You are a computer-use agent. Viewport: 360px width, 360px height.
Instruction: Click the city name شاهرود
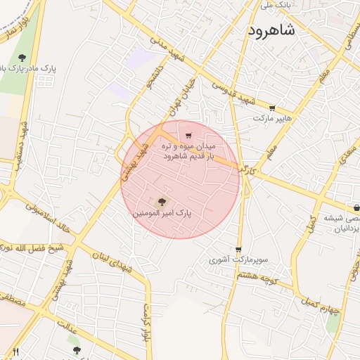[275, 32]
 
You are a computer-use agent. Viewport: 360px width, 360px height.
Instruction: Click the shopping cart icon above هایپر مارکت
[272, 108]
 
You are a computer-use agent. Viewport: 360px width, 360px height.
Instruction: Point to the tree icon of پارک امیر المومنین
[162, 201]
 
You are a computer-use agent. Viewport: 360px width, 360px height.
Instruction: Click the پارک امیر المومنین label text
[162, 212]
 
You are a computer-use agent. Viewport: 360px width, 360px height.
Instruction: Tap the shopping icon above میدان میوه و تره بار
[188, 136]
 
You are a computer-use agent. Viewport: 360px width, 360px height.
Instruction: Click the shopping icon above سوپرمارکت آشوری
[238, 250]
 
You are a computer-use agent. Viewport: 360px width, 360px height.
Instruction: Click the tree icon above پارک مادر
[22, 58]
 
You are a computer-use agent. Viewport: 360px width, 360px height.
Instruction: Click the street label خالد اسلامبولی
[50, 219]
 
